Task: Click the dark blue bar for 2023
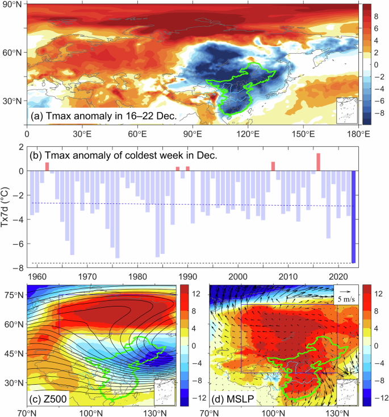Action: click(353, 217)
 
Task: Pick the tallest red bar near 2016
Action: click(319, 162)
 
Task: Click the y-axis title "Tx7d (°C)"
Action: click(7, 208)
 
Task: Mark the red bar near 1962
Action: click(47, 167)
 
